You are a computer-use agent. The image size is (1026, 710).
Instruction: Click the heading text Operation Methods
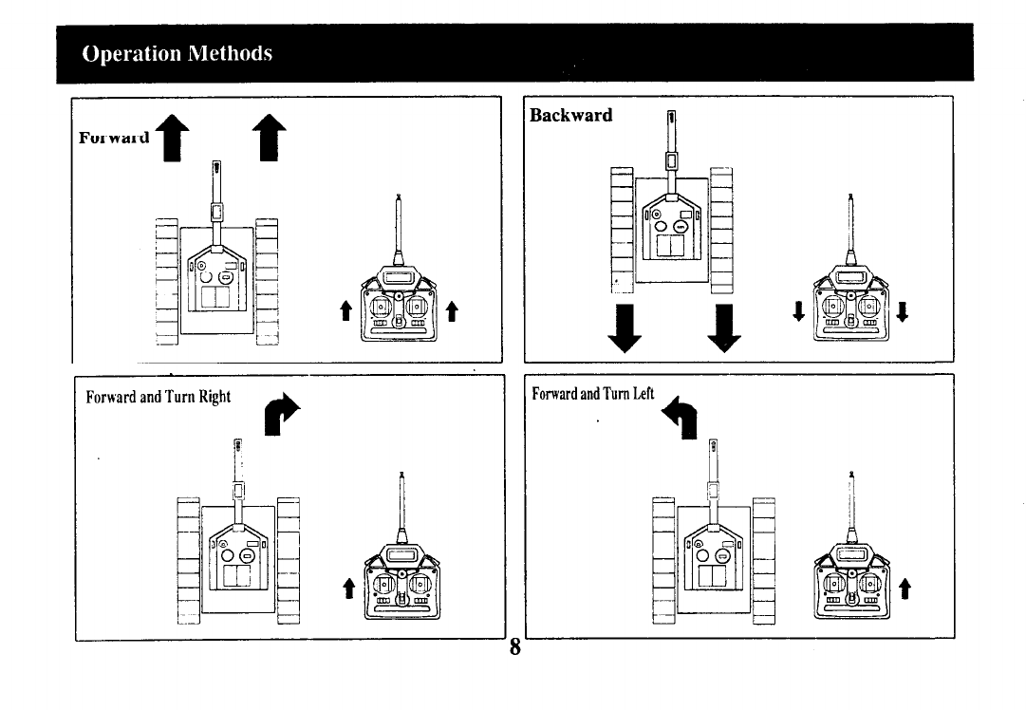coord(177,53)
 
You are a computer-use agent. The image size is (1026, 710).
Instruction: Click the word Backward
coord(570,115)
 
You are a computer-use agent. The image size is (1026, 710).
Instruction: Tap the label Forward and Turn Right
coord(159,396)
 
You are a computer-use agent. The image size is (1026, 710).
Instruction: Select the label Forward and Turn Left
coord(593,394)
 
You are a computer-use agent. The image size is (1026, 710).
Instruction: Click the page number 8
coord(514,647)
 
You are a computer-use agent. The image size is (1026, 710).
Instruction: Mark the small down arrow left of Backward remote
coord(798,310)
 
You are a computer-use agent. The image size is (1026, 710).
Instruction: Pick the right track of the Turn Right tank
coord(289,560)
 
